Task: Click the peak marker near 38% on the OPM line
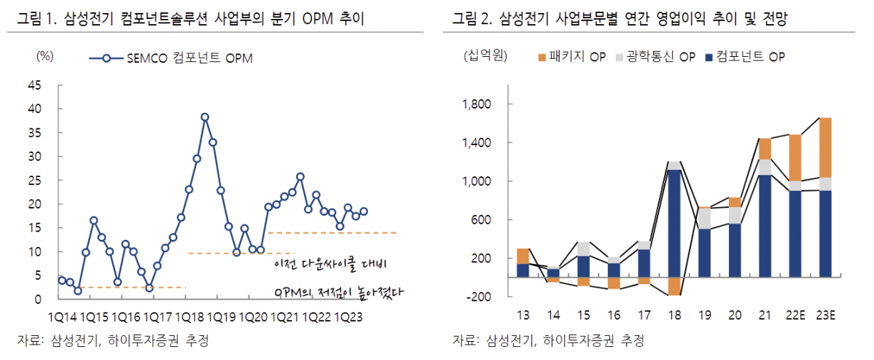click(x=205, y=117)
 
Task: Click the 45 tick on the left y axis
click(x=34, y=85)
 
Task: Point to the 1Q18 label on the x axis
click(x=189, y=317)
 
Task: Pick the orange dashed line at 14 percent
click(x=332, y=232)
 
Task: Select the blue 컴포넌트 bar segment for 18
click(x=675, y=223)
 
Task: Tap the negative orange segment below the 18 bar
click(x=675, y=286)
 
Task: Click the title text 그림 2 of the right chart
click(x=472, y=20)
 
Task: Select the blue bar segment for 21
click(x=765, y=226)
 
